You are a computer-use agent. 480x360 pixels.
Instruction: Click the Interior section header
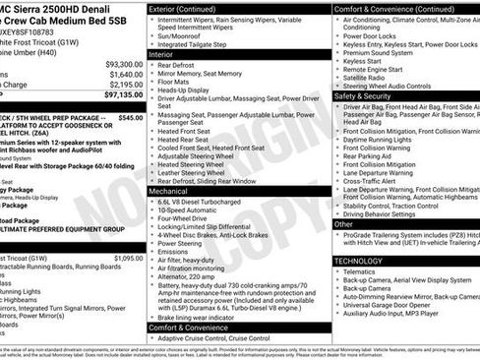[163, 56]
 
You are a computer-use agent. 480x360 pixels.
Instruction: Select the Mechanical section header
[170, 190]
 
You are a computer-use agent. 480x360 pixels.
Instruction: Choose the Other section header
[343, 224]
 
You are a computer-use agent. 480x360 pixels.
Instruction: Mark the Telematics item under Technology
[363, 271]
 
